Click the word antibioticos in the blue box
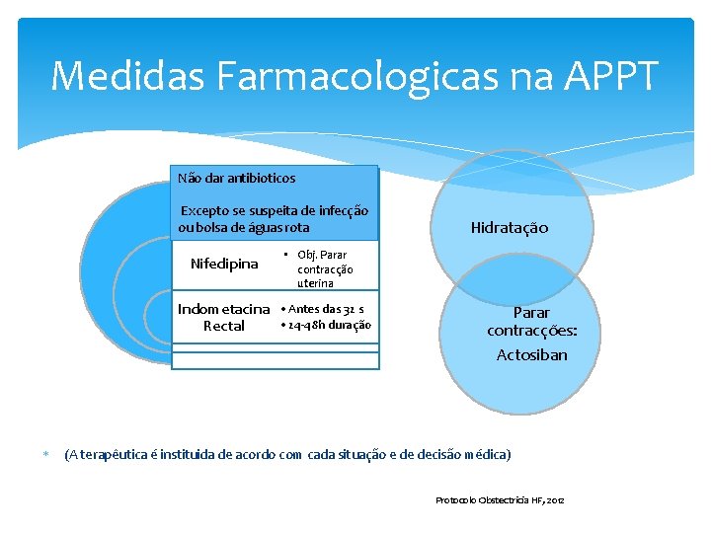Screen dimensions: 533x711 click(x=261, y=179)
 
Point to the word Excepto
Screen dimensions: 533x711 click(x=204, y=211)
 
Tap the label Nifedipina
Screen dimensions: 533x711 click(x=224, y=264)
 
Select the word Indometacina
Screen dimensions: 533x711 click(x=223, y=310)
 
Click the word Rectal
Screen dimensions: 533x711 click(x=223, y=326)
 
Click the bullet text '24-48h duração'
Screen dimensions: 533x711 click(x=327, y=325)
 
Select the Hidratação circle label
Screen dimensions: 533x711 click(x=509, y=228)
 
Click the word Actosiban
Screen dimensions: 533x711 click(x=531, y=354)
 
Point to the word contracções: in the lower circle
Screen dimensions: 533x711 click(x=531, y=331)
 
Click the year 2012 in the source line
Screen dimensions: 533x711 click(x=553, y=500)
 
